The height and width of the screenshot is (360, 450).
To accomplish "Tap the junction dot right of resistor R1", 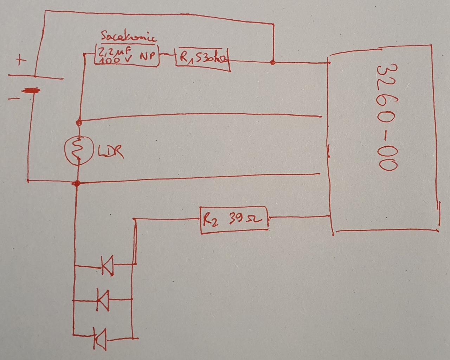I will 272,63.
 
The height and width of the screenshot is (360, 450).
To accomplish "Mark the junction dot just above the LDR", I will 79,123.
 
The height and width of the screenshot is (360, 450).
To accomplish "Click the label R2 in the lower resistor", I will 210,220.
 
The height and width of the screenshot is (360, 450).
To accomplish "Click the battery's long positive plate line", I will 35,76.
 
